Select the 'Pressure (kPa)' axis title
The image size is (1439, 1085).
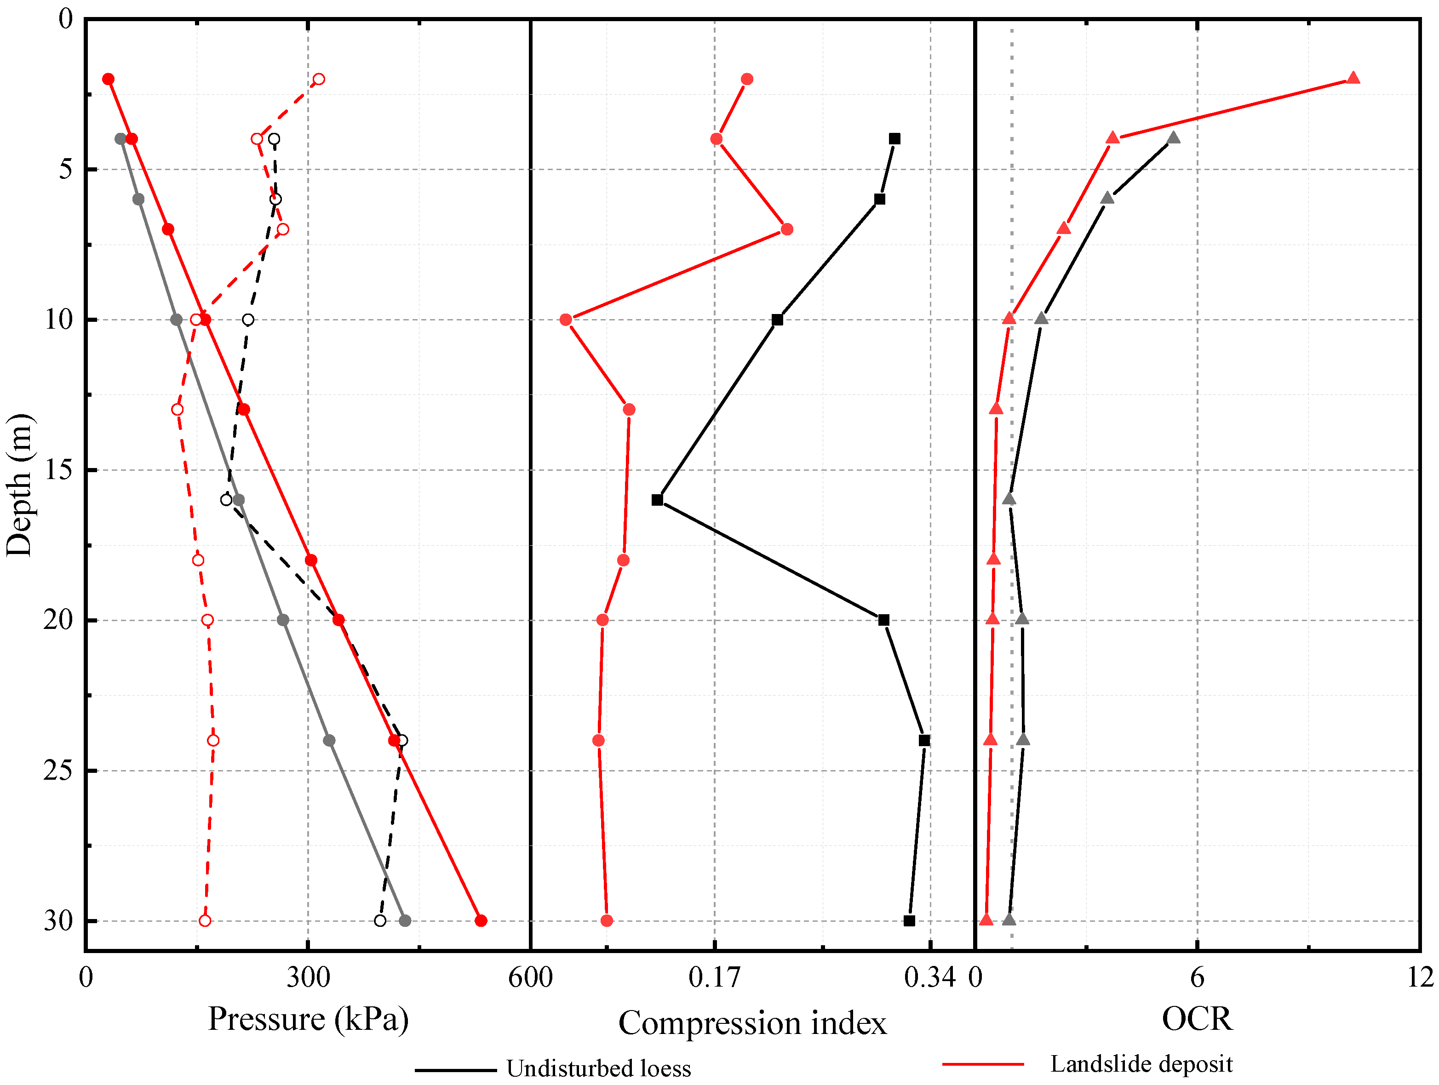pyautogui.click(x=308, y=1019)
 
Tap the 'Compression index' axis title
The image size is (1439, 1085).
pyautogui.click(x=752, y=1023)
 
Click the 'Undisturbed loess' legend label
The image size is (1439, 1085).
pyautogui.click(x=598, y=1069)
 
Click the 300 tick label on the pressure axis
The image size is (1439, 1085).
pyautogui.click(x=308, y=977)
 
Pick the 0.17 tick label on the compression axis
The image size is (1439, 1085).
pyautogui.click(x=714, y=977)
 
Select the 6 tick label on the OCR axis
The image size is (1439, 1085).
pyautogui.click(x=1197, y=977)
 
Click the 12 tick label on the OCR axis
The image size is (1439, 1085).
pyautogui.click(x=1420, y=977)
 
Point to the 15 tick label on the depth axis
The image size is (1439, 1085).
pyautogui.click(x=58, y=470)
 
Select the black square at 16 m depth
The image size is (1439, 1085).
pyautogui.click(x=657, y=500)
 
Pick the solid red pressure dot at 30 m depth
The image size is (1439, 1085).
pyautogui.click(x=481, y=920)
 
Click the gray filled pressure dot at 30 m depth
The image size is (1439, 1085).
pyautogui.click(x=405, y=920)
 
